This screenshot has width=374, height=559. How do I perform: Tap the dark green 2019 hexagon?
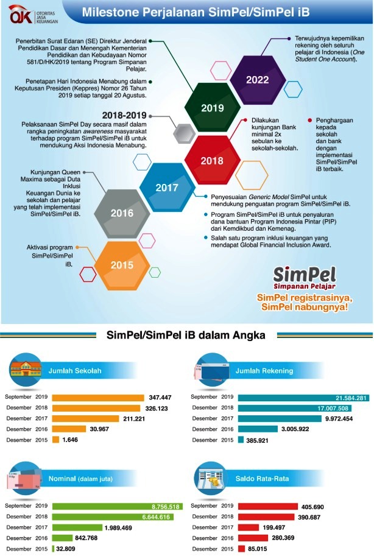pos(212,107)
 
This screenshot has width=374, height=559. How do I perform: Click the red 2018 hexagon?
pos(212,160)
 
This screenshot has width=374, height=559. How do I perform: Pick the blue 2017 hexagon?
pos(167,187)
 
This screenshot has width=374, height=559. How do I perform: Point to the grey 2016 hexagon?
pos(122,213)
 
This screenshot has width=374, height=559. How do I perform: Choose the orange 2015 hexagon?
pos(122,265)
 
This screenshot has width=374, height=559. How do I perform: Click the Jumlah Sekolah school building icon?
pos(24,369)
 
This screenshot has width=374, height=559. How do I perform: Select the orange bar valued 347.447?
pos(98,397)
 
